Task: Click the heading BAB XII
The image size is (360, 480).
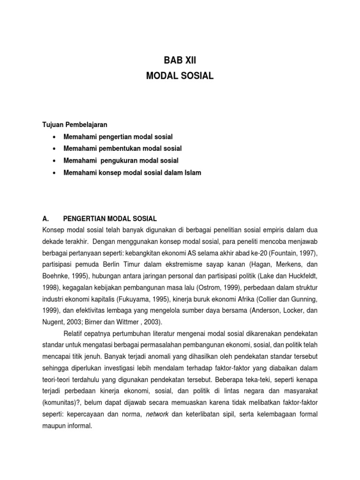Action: [x=180, y=60]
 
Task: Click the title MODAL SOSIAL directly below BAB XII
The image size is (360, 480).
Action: [x=180, y=76]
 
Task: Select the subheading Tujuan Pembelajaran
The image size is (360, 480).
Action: [x=75, y=125]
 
